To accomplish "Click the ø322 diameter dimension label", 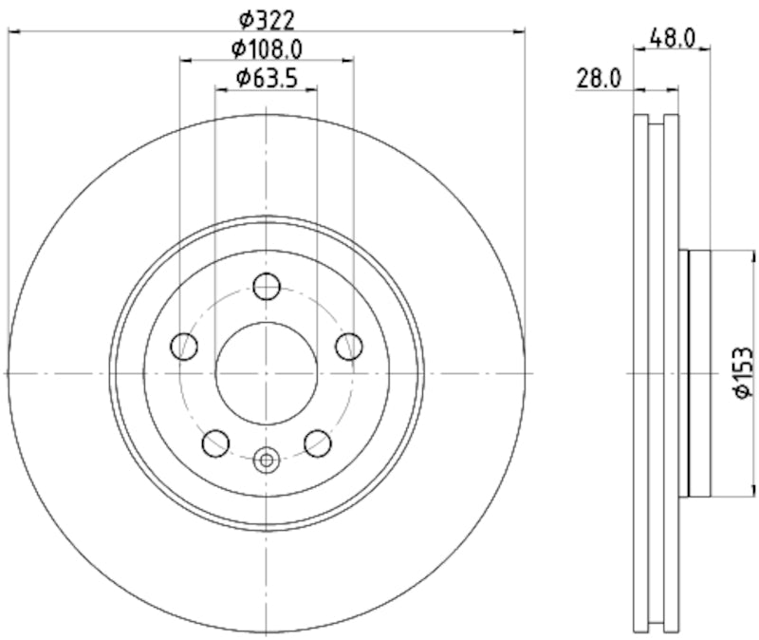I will pos(267,18).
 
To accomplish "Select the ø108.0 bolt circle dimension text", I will pos(268,47).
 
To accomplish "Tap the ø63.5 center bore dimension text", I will pos(268,78).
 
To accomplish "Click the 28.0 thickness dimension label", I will pos(599,79).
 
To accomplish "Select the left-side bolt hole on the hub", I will pos(182,347).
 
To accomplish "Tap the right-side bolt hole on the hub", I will pos(350,347).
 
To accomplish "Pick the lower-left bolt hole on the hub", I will pos(217,442).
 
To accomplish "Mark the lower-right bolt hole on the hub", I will pos(316,442).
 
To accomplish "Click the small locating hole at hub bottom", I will pos(267,461).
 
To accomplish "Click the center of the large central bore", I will pos(267,373).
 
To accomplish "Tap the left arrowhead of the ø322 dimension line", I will pos(12,31).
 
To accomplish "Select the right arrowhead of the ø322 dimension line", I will pos(520,31).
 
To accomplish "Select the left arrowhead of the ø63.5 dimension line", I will pos(220,90).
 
